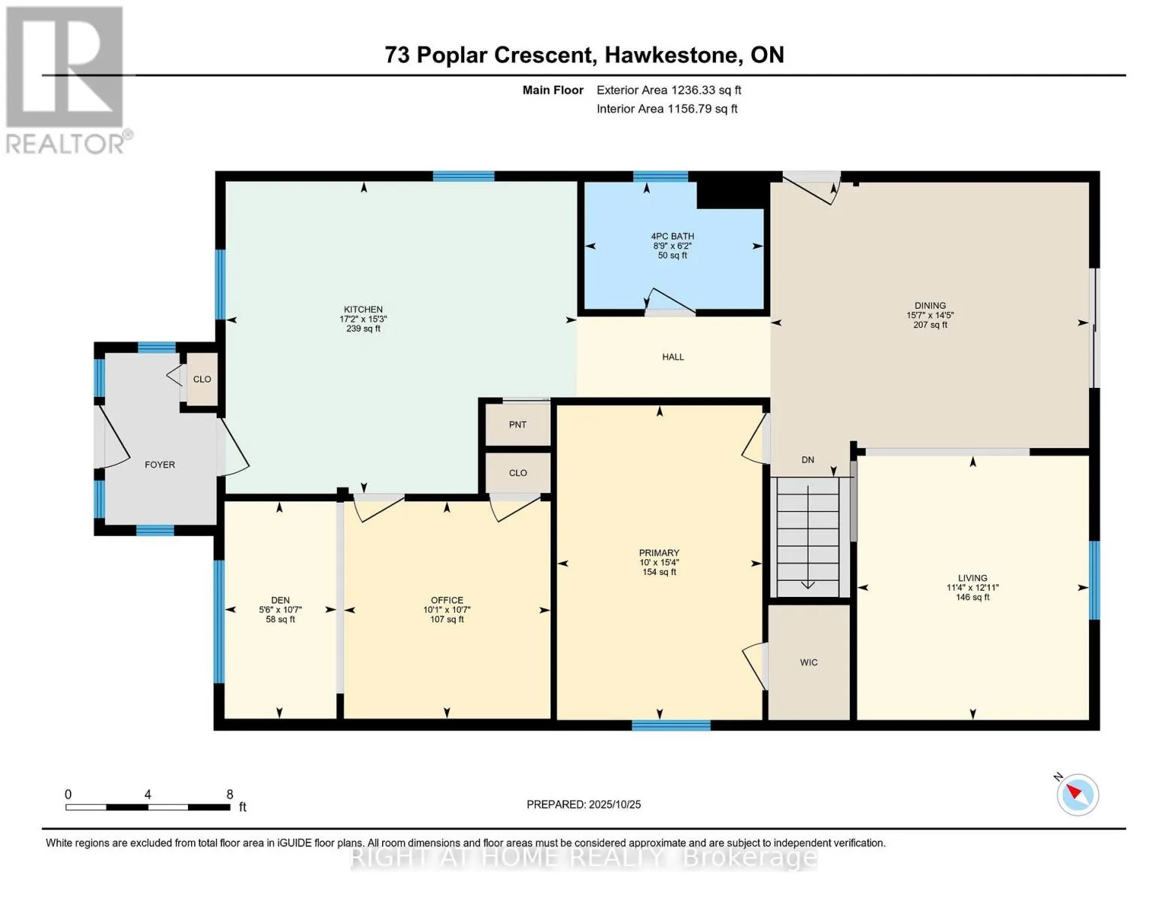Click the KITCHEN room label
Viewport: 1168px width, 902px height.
(x=363, y=310)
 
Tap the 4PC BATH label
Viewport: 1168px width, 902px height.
(x=672, y=236)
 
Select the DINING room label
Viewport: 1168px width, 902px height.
(x=930, y=306)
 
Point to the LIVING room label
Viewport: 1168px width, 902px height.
(x=972, y=578)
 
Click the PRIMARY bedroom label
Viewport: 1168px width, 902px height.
(x=659, y=552)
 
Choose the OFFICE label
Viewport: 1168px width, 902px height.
(x=447, y=601)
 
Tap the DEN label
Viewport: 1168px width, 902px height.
(x=280, y=601)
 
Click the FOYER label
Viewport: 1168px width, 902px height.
(x=159, y=465)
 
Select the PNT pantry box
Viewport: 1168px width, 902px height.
(x=517, y=425)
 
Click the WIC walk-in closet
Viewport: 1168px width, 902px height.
(x=808, y=662)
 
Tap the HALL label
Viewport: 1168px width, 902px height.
(x=673, y=357)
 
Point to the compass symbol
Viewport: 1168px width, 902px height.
(x=1077, y=795)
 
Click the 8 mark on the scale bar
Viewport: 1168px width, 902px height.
(x=229, y=795)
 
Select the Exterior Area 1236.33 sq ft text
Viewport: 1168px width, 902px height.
(x=669, y=90)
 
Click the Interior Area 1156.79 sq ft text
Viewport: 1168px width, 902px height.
(x=666, y=109)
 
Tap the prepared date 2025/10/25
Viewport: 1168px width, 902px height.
(x=614, y=804)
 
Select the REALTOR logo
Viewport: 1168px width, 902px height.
(x=66, y=80)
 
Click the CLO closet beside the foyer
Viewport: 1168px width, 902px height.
(x=202, y=380)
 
